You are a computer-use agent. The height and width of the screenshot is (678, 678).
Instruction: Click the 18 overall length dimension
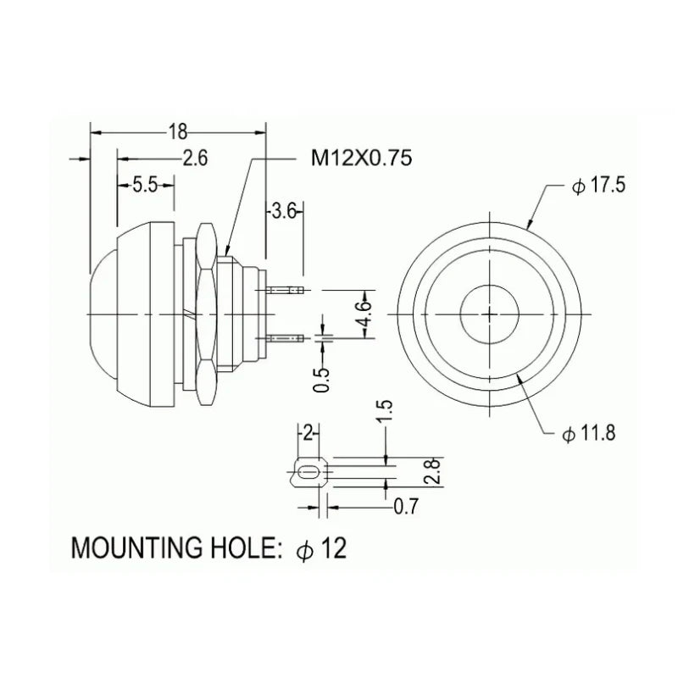178,132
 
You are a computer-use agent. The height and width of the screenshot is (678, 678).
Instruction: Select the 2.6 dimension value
195,158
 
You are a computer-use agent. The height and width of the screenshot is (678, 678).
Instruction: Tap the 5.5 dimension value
145,185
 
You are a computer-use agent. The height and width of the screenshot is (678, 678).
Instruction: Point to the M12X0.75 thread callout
362,158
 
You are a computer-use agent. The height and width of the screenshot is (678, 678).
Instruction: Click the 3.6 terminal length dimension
284,213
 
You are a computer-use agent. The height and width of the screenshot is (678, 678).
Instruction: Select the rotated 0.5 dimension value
321,380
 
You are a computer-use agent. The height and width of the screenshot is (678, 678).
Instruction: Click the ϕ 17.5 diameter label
598,186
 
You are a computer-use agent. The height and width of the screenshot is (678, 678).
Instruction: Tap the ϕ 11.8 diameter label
588,433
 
